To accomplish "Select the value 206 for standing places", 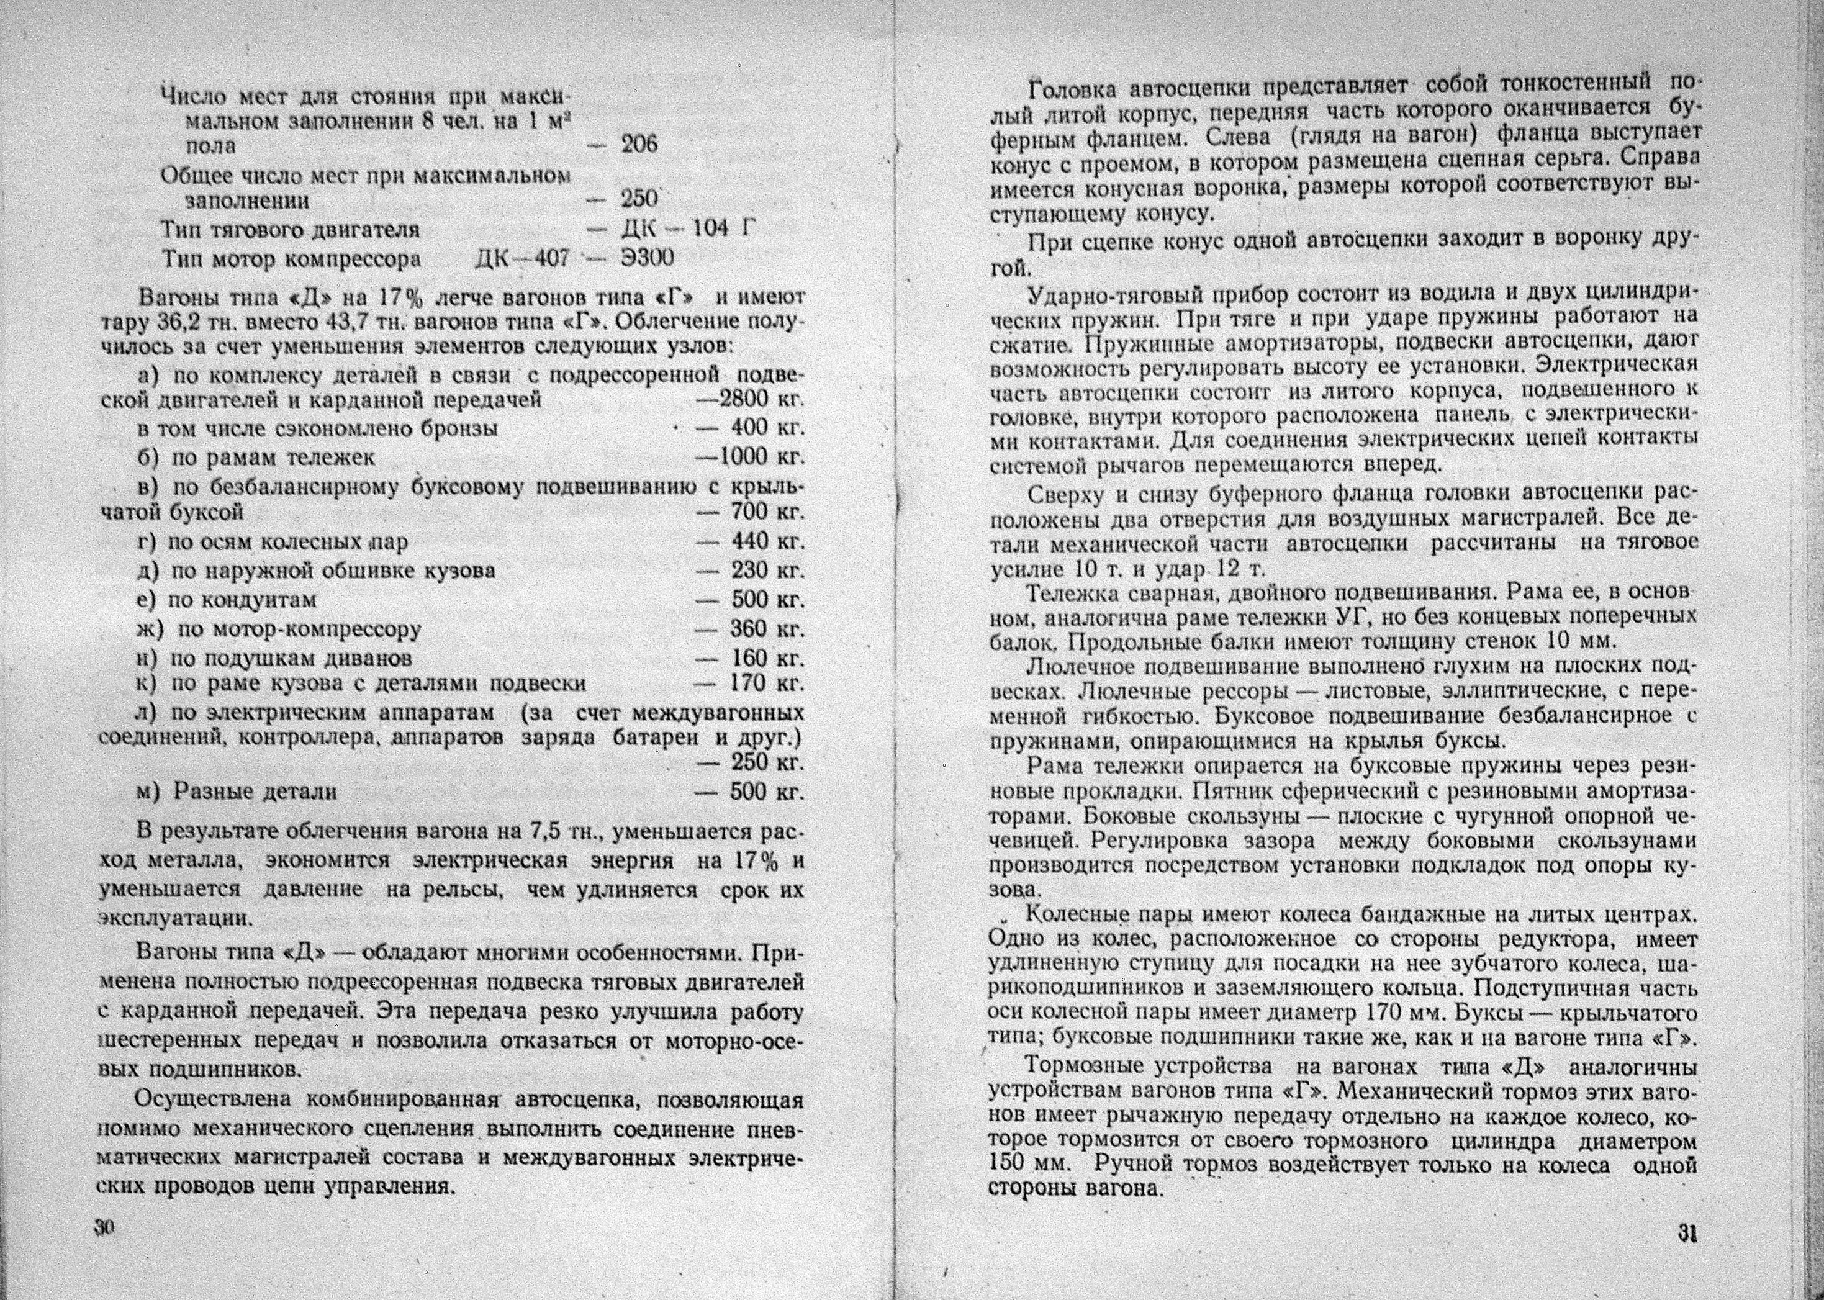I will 639,145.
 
